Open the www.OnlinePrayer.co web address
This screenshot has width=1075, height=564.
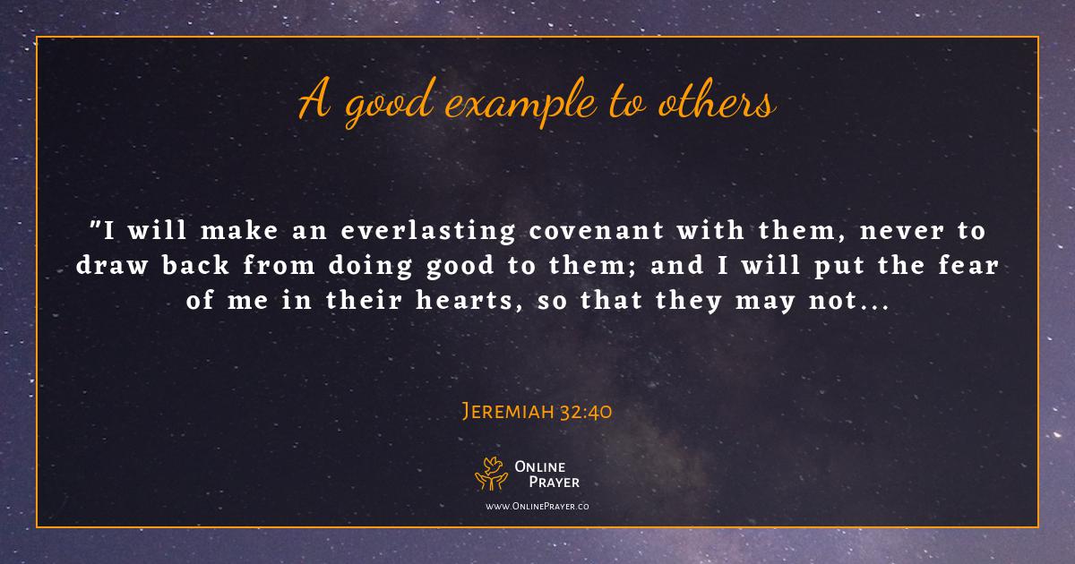pos(537,507)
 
